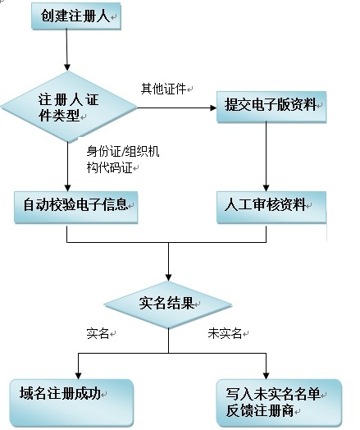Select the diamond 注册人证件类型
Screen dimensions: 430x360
[68, 107]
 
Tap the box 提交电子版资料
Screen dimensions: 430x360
[270, 104]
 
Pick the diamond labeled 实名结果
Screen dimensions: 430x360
[169, 303]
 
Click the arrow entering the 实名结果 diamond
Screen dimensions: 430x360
[169, 261]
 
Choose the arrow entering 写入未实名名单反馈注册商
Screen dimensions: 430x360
[267, 365]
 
